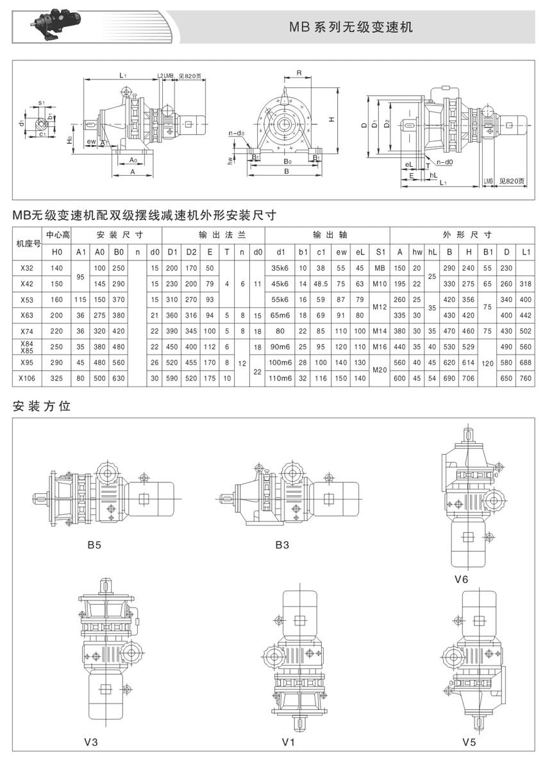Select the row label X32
(x=27, y=267)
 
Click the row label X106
(x=27, y=378)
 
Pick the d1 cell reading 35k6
(x=280, y=267)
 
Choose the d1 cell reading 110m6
(x=280, y=378)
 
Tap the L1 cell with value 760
(x=526, y=378)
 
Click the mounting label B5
(x=94, y=546)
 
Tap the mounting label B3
(x=282, y=546)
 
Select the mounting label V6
(x=462, y=579)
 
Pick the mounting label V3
(x=90, y=743)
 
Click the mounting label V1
(x=288, y=743)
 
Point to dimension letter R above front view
(x=299, y=72)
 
